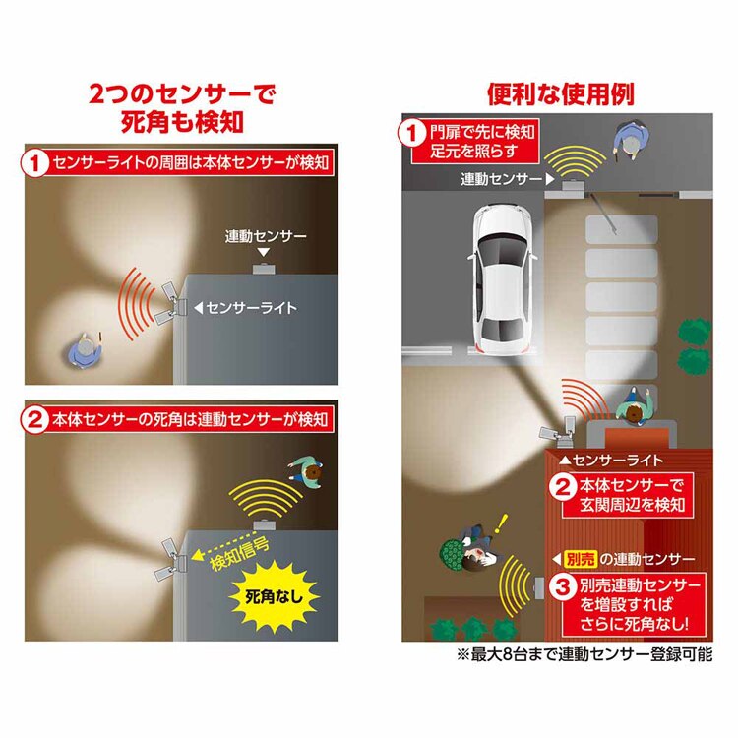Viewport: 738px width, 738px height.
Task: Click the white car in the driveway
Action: (501, 279)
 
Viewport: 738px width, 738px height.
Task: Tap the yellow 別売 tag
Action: (581, 557)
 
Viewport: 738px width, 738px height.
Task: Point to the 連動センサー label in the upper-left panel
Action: (266, 236)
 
